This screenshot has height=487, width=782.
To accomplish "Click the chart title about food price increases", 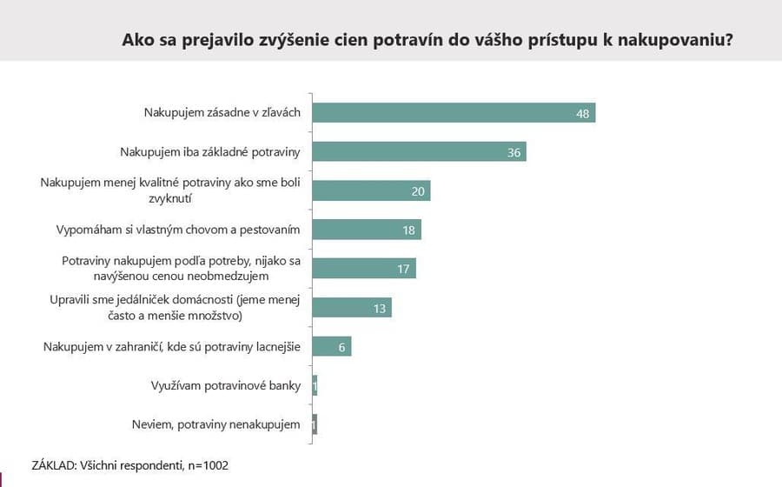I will point(427,40).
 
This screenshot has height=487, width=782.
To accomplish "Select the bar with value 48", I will point(453,113).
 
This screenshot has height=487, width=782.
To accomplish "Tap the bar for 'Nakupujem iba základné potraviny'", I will point(419,152).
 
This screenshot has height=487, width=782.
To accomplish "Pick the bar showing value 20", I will point(371,191).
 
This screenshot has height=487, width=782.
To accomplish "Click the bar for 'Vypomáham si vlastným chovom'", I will point(366,230).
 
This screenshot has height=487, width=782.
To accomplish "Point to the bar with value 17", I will point(363,269).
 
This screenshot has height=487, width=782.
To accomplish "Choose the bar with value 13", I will point(351,308).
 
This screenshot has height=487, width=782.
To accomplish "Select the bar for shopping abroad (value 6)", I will point(331,347).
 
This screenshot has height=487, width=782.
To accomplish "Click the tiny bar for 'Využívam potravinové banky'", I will point(315,385).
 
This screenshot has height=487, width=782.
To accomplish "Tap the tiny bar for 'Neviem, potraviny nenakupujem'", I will point(315,424).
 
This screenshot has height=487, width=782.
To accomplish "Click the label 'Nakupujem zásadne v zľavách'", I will point(222,113).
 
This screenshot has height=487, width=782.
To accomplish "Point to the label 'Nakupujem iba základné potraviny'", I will point(209,152).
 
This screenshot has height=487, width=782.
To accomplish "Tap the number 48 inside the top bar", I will point(582,114).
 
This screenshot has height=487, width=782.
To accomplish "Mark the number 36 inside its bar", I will point(514,153).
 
